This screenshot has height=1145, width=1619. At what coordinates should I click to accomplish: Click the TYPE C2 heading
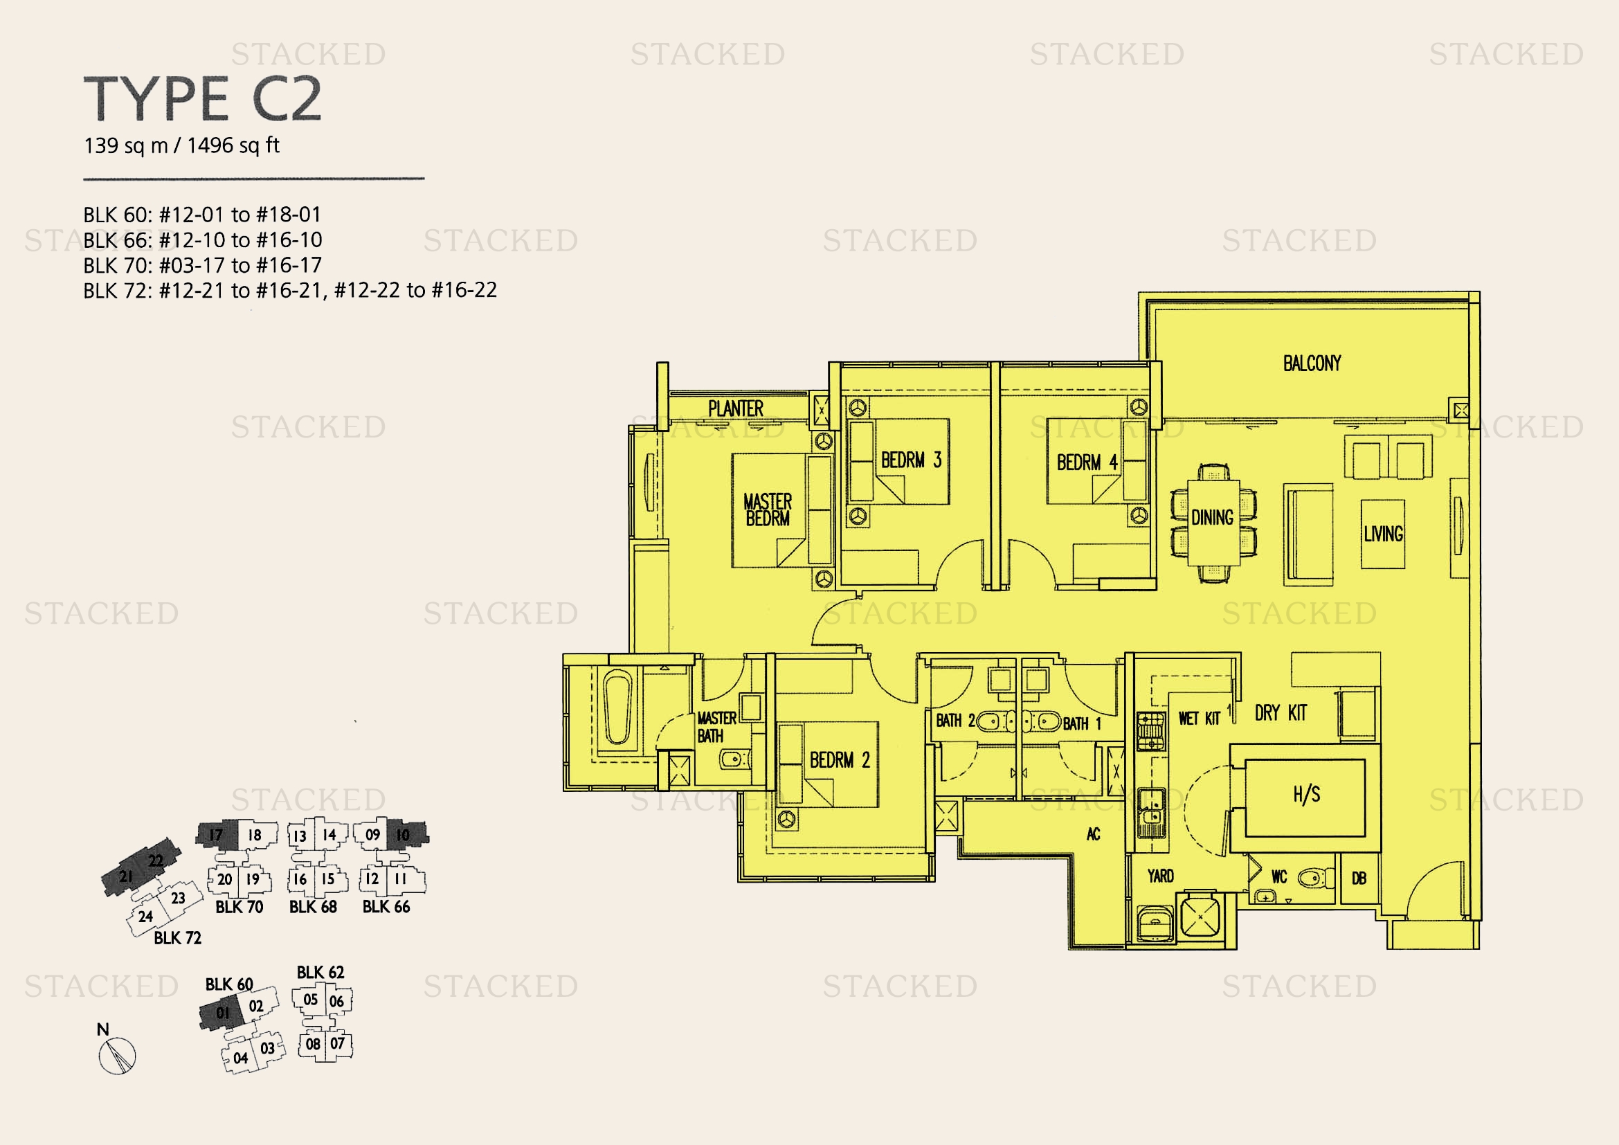point(203,98)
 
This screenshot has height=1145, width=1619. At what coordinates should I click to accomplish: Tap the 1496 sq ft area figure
point(233,146)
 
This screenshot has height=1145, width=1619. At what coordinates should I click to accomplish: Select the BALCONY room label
point(1312,363)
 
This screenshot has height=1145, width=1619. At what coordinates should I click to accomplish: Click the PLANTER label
point(736,408)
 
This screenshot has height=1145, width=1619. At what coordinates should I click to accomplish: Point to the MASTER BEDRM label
point(767,510)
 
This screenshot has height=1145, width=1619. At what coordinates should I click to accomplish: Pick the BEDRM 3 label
point(911,460)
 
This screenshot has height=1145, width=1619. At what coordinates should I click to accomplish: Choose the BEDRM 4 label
point(1087,462)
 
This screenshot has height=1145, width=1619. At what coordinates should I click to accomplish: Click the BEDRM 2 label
point(839,760)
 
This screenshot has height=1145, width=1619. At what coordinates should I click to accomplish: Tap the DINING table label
point(1212,518)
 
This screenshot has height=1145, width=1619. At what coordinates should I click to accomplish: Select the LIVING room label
point(1383,534)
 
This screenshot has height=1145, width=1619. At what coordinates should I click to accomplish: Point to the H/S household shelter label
point(1306,795)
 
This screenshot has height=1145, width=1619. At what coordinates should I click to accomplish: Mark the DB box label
point(1359,878)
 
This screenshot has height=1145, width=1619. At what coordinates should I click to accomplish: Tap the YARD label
point(1160,876)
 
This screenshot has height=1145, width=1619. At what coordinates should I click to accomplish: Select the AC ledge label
point(1093,834)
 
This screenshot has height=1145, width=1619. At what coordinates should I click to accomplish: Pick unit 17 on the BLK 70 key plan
point(216,836)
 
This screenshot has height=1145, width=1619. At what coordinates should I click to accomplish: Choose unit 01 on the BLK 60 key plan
point(223,1013)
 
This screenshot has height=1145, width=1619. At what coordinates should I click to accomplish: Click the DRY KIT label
point(1281,713)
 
